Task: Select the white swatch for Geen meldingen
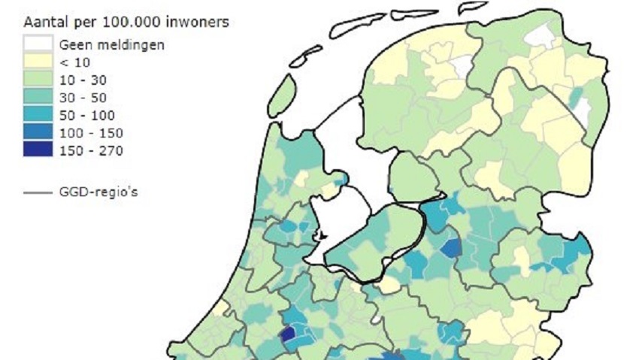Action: point(38,44)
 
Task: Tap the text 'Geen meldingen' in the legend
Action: point(111,44)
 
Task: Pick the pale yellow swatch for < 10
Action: point(38,62)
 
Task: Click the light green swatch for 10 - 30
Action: point(38,80)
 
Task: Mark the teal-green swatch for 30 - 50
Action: point(38,98)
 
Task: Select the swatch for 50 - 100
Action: point(38,116)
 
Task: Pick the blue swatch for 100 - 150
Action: point(38,133)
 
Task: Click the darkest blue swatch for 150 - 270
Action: point(38,151)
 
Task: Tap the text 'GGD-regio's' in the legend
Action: point(99,192)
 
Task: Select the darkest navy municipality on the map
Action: point(287,334)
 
